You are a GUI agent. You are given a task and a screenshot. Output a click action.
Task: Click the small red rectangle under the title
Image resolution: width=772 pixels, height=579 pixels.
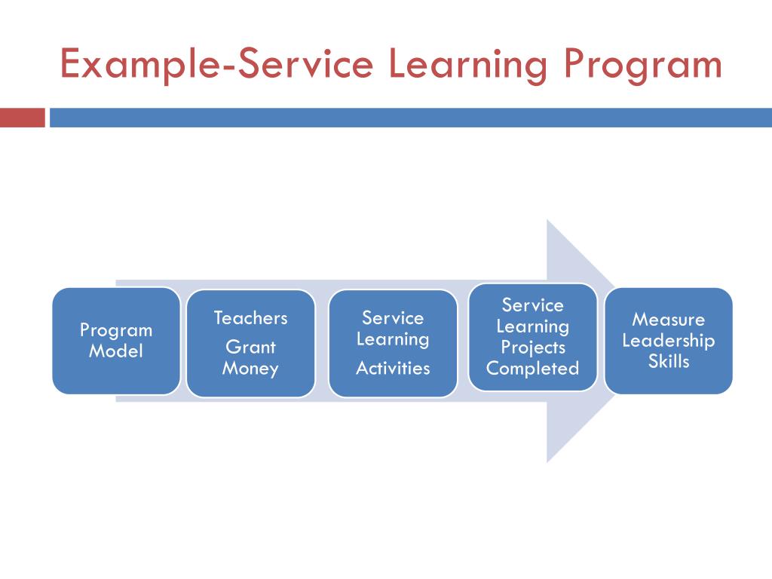23,118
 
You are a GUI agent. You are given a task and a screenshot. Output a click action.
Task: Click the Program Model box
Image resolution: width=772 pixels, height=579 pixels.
116,341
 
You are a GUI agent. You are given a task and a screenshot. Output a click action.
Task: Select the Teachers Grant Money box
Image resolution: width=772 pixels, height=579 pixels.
250,343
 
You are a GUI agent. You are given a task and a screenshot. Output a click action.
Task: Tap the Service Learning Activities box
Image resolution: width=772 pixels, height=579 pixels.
393,343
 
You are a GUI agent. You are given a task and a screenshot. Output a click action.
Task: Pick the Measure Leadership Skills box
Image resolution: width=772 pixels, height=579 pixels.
668,341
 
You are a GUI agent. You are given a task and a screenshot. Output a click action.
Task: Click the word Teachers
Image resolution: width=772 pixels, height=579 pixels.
250,318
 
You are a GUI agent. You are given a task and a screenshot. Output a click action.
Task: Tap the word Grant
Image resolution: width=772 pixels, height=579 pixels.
250,348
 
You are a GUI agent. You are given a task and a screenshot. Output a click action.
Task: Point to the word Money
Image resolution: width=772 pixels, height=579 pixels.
250,369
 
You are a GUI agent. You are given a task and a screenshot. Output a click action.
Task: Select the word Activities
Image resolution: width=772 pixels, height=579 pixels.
393,369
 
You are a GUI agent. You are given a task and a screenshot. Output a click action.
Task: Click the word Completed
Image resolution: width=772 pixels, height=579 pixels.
533,369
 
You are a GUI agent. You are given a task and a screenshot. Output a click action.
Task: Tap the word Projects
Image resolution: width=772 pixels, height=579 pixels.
533,348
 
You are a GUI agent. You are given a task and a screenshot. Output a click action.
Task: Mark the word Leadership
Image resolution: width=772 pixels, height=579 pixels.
668,341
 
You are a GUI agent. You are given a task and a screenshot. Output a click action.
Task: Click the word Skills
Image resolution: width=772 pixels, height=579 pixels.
668,362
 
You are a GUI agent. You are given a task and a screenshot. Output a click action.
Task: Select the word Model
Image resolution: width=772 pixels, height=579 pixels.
116,351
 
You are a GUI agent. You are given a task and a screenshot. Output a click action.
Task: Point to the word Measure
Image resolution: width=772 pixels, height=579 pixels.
668,320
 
